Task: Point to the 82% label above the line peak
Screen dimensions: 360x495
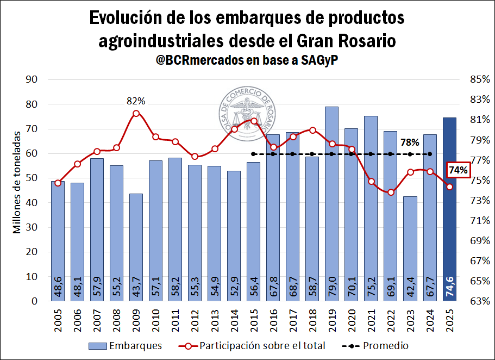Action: [x=136, y=101]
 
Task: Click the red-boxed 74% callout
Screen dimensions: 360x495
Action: [x=458, y=170]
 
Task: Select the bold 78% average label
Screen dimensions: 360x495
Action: [x=410, y=142]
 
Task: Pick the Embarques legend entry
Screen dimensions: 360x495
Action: [x=124, y=345]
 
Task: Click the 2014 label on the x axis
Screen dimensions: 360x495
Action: [x=234, y=319]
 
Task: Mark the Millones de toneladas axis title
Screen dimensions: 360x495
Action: [x=17, y=182]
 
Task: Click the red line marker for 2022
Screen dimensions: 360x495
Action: [x=391, y=192]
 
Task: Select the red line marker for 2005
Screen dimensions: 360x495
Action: [x=58, y=183]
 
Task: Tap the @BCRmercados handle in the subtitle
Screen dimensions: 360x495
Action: [x=199, y=60]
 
